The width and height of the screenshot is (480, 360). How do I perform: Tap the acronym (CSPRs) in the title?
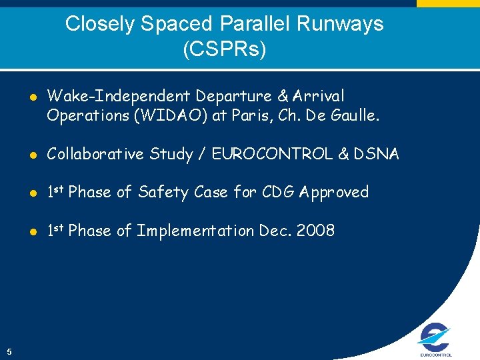click(x=224, y=49)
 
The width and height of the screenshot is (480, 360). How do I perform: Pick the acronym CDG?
click(x=274, y=193)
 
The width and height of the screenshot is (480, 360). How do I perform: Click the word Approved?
click(x=334, y=193)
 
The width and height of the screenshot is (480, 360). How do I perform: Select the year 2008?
click(x=316, y=231)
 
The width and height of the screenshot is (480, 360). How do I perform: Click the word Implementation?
click(x=195, y=231)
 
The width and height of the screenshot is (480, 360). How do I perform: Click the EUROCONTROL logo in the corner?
click(x=435, y=339)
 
